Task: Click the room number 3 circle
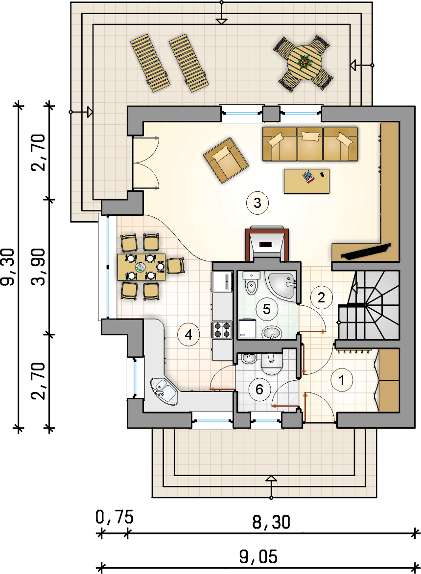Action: click(x=257, y=203)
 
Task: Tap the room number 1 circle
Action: click(x=342, y=380)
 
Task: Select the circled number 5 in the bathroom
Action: click(x=266, y=309)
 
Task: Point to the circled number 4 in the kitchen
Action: click(x=188, y=335)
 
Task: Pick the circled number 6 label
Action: click(x=259, y=389)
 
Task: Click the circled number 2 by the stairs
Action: click(x=321, y=298)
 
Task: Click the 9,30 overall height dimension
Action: click(x=7, y=267)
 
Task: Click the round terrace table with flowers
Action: click(x=304, y=63)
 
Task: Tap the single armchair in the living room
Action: click(x=226, y=160)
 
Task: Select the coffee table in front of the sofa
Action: click(x=306, y=181)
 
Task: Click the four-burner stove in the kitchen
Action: click(x=222, y=329)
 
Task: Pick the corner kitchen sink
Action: click(x=164, y=391)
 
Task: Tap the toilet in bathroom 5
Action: click(x=251, y=283)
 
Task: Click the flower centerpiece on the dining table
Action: click(x=140, y=267)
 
